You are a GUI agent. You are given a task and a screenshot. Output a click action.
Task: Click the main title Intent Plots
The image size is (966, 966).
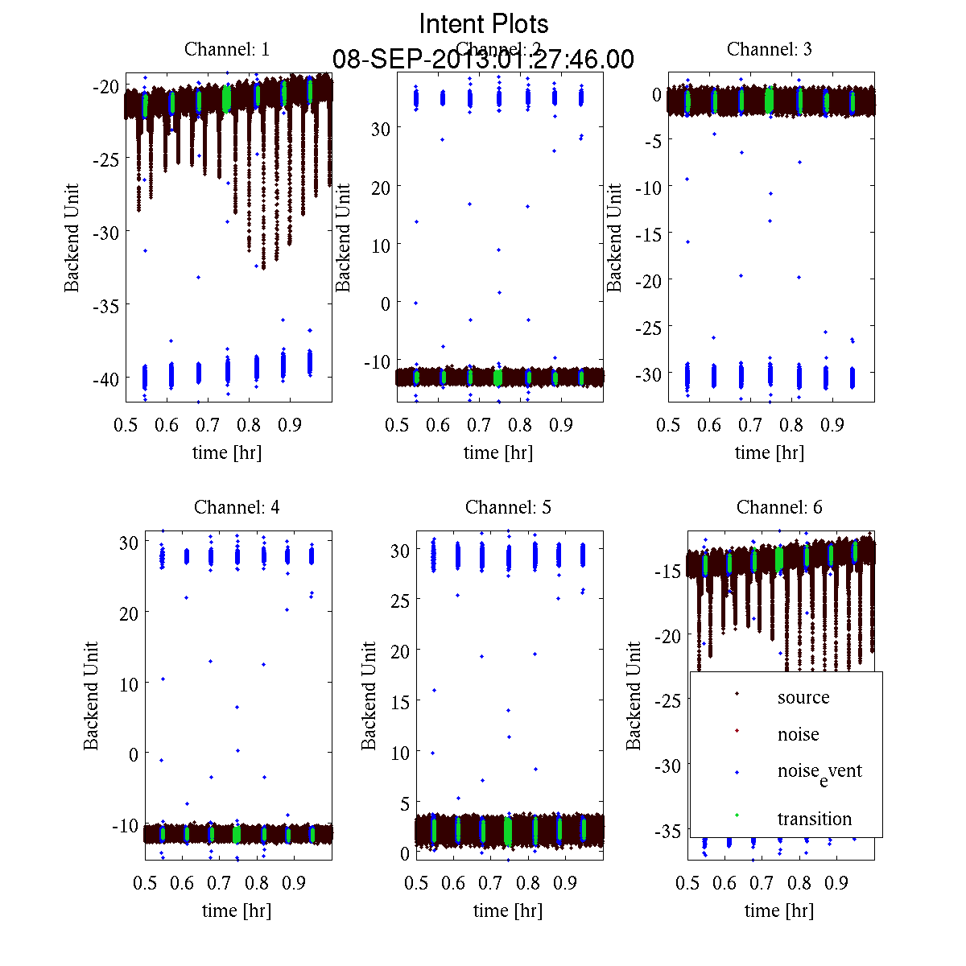pos(484,23)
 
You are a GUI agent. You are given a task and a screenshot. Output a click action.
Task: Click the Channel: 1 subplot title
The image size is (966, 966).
pos(227,49)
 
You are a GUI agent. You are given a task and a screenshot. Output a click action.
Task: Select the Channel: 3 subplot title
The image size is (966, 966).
pos(769,49)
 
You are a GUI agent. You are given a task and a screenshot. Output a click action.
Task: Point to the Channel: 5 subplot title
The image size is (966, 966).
pos(508,507)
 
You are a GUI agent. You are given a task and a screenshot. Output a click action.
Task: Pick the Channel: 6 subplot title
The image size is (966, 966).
pos(779,507)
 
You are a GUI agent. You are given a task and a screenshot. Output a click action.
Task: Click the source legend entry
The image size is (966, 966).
pos(803,697)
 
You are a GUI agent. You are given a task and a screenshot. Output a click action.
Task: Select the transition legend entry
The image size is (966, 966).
pos(814,819)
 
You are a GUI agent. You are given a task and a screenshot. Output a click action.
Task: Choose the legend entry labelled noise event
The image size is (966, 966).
pos(819,771)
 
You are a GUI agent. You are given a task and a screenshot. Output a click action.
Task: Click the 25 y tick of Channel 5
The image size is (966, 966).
pos(400,600)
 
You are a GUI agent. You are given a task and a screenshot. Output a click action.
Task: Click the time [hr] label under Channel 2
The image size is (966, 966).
pos(497,452)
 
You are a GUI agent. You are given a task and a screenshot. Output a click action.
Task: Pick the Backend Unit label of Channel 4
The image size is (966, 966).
pos(91,696)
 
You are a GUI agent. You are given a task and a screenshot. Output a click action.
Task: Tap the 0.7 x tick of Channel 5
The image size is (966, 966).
pos(490,883)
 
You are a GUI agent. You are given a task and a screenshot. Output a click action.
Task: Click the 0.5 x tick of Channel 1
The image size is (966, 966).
pos(126,425)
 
